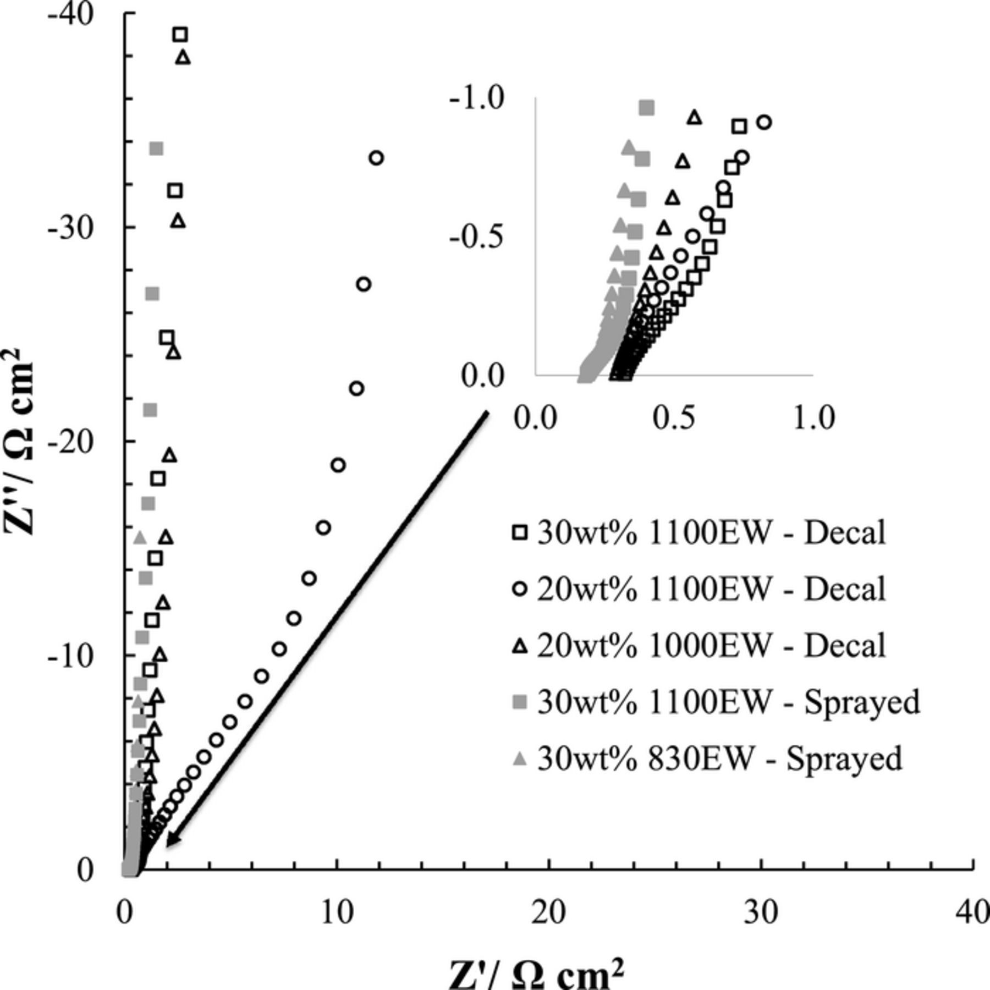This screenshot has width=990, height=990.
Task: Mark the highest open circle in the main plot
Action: pyautogui.click(x=376, y=158)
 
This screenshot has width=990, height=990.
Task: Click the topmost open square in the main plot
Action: pyautogui.click(x=180, y=35)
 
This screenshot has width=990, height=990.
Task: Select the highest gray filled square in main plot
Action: pyautogui.click(x=156, y=148)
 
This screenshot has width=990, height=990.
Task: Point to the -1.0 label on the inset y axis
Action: pyautogui.click(x=476, y=99)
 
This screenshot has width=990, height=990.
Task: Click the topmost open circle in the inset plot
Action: pyautogui.click(x=764, y=122)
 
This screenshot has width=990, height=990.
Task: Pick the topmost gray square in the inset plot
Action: pyautogui.click(x=647, y=107)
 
